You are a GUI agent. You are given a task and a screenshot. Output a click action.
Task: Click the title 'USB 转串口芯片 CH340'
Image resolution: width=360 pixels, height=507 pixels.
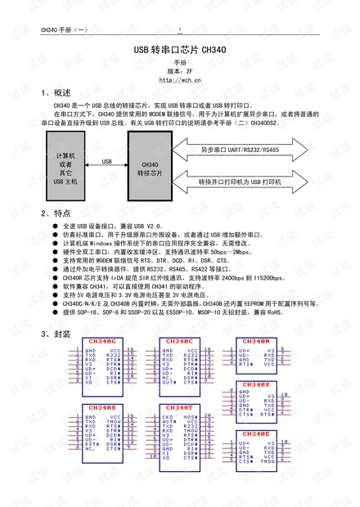[x=180, y=50]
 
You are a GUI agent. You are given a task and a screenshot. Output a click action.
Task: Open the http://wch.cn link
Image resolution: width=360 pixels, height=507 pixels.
[x=180, y=79]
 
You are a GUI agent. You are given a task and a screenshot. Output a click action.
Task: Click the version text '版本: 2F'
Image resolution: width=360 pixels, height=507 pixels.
[x=180, y=70]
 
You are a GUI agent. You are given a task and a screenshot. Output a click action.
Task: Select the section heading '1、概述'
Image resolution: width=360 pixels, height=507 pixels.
[x=56, y=93]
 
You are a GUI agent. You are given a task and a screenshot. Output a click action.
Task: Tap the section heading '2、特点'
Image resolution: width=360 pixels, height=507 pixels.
[x=56, y=212]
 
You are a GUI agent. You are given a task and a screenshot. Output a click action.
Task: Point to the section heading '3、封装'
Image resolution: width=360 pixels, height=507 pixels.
[x=56, y=334]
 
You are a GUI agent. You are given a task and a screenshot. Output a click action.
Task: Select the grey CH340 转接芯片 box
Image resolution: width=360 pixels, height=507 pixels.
[x=150, y=168]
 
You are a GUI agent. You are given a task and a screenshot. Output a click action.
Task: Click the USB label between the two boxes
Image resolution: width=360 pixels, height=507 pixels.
[x=107, y=162]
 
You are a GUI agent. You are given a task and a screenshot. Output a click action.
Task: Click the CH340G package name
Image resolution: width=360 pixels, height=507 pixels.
[x=101, y=340]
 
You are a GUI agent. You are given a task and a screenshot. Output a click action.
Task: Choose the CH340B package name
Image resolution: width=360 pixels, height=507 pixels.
[x=101, y=406]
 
